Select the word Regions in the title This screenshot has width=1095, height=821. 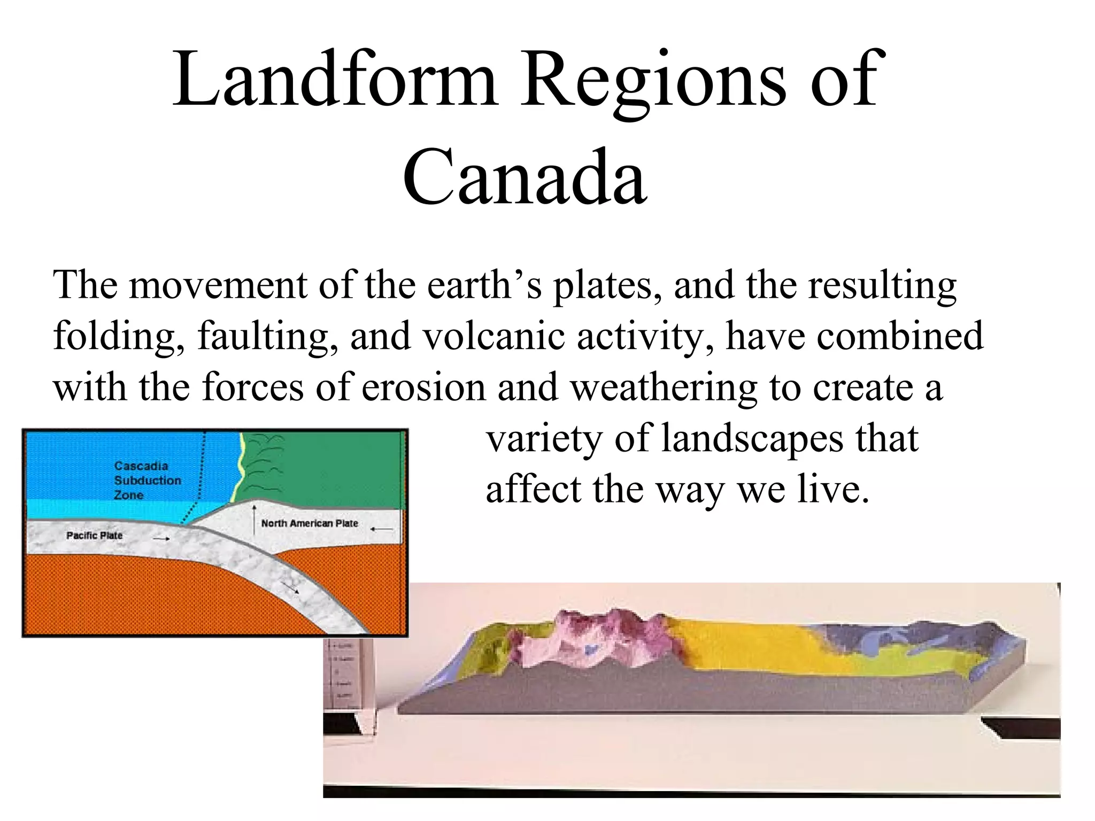(x=653, y=80)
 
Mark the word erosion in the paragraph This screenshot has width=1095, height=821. (x=423, y=387)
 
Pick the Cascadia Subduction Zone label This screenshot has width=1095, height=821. (x=147, y=480)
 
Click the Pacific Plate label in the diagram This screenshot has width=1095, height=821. (x=94, y=535)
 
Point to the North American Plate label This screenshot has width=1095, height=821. (x=310, y=523)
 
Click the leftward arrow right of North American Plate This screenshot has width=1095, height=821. (x=381, y=529)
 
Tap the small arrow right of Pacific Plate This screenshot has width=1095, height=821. (x=161, y=539)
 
